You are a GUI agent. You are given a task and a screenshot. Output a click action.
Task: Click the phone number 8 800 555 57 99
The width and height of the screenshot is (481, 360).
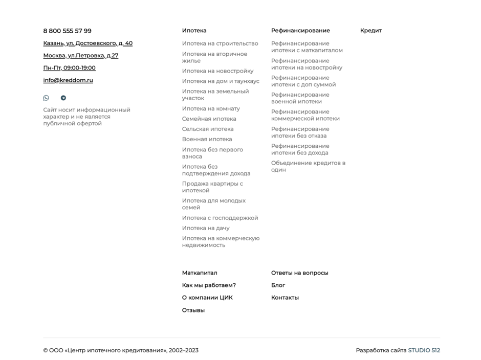point(67,31)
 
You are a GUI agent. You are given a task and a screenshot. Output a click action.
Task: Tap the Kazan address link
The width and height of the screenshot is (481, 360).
point(88,43)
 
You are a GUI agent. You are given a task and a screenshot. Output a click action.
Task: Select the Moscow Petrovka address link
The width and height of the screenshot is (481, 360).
point(80,56)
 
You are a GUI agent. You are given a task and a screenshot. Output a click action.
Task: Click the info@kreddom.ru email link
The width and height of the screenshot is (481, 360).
point(68,80)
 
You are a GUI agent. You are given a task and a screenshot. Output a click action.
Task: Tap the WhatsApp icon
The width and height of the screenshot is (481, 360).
point(46,98)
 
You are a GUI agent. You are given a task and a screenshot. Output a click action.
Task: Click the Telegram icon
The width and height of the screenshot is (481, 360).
point(63,98)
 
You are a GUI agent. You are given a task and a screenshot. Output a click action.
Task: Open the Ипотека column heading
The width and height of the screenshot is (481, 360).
point(194,31)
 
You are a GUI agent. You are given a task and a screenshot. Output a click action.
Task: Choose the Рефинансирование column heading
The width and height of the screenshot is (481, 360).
point(300,31)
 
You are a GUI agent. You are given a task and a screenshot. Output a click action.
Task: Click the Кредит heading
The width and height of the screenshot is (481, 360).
point(370,31)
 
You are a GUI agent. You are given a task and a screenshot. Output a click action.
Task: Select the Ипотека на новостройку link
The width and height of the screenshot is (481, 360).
point(217,71)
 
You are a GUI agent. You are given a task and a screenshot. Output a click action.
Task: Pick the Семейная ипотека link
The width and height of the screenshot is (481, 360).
point(209,119)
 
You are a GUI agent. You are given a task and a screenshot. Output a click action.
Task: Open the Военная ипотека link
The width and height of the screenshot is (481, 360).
point(207,139)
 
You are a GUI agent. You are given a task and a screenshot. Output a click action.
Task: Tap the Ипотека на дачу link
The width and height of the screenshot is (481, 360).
point(206,228)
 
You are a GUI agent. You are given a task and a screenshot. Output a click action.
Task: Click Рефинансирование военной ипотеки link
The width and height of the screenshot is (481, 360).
point(300,98)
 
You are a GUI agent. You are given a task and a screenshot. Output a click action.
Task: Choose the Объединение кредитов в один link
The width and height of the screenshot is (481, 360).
point(308,166)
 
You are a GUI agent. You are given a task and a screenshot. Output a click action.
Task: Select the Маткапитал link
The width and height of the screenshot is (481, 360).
point(200,273)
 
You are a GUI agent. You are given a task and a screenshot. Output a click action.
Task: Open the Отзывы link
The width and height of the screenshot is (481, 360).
point(193,310)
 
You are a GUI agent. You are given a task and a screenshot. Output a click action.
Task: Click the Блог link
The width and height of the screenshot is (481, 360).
point(278,285)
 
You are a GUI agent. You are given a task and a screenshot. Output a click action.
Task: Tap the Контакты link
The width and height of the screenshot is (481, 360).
point(285,298)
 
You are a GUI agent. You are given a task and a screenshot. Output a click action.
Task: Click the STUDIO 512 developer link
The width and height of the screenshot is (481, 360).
point(424,350)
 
